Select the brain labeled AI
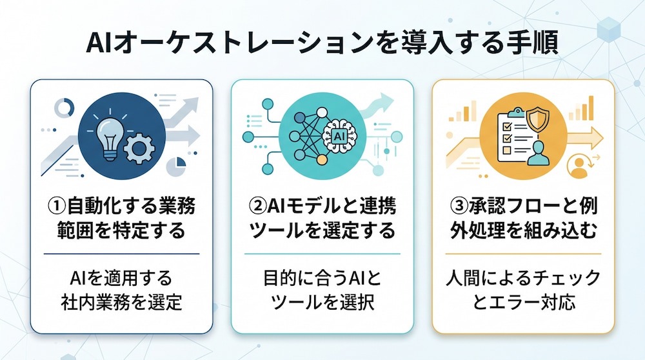pyautogui.click(x=339, y=135)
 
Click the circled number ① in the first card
pyautogui.click(x=57, y=206)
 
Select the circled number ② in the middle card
pyautogui.click(x=259, y=206)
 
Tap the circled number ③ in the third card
pyautogui.click(x=460, y=206)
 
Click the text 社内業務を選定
pyautogui.click(x=121, y=303)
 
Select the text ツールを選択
pyautogui.click(x=322, y=303)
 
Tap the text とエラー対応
pyautogui.click(x=523, y=303)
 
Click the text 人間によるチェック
pyautogui.click(x=523, y=278)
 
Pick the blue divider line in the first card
pyautogui.click(x=121, y=254)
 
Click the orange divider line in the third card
pyautogui.click(x=523, y=254)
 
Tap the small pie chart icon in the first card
pyautogui.click(x=176, y=166)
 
